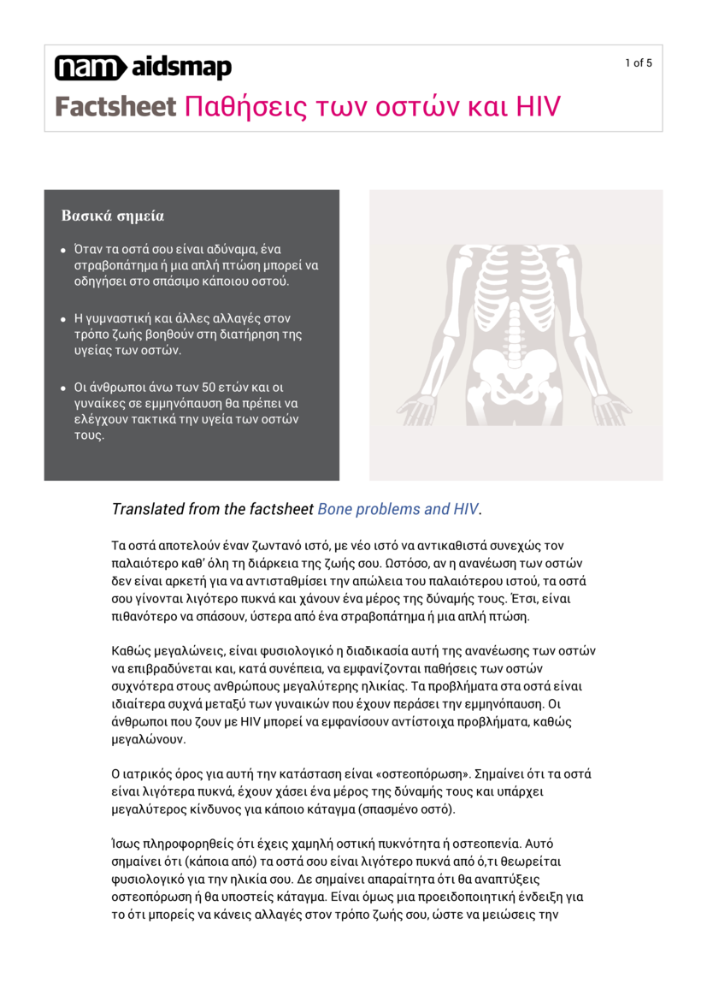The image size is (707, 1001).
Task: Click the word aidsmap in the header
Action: [x=181, y=68]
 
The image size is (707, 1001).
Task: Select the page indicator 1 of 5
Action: [x=638, y=62]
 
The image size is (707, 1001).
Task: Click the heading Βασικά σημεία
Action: [x=112, y=216]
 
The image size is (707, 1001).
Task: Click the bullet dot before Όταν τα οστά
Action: [x=63, y=250]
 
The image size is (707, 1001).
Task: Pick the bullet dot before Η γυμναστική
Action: [x=63, y=319]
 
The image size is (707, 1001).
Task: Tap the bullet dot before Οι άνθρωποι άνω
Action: [x=63, y=388]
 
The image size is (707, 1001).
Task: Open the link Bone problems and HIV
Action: [x=398, y=509]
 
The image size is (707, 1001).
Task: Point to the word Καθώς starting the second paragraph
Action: [x=133, y=651]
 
